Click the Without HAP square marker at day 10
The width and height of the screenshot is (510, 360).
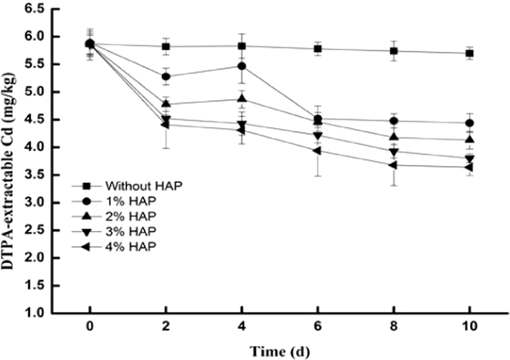point(470,54)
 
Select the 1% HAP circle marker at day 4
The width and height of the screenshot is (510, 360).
point(242,66)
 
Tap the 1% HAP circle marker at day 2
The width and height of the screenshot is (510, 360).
point(166,76)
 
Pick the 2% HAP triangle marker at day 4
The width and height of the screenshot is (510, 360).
point(242,99)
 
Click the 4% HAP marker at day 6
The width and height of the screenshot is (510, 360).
point(317,151)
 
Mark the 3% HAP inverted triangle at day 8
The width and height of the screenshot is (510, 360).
point(394,152)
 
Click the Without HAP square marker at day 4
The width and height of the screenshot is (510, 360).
point(242,46)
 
